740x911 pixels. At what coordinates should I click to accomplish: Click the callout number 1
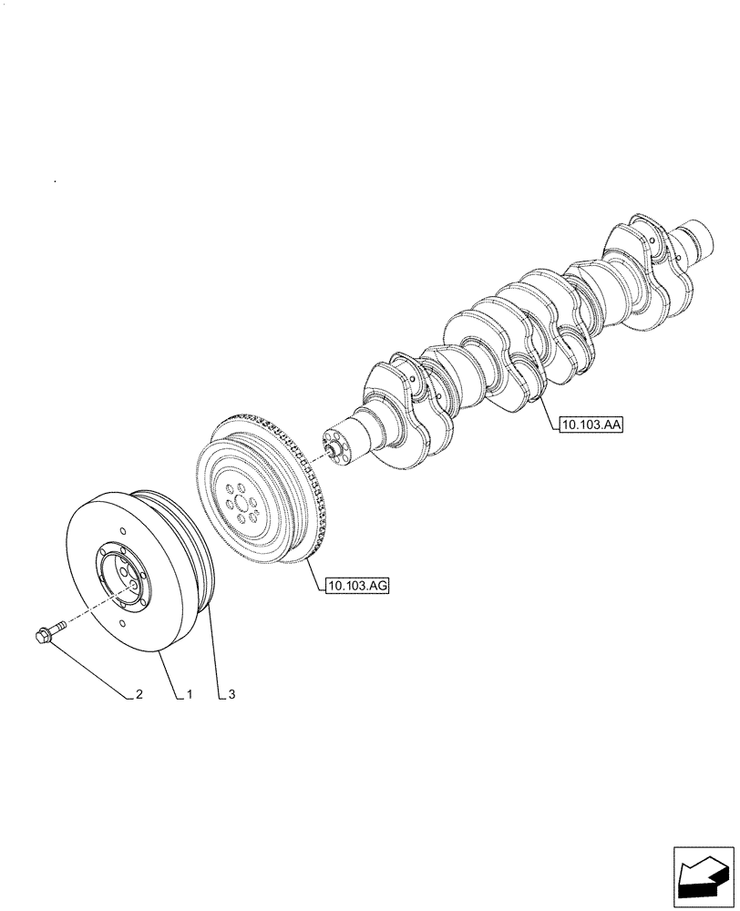click(190, 695)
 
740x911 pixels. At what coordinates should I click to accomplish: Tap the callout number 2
click(139, 695)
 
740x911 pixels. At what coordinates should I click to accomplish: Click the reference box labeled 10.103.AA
click(591, 424)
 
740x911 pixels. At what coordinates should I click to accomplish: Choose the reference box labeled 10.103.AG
click(356, 587)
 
